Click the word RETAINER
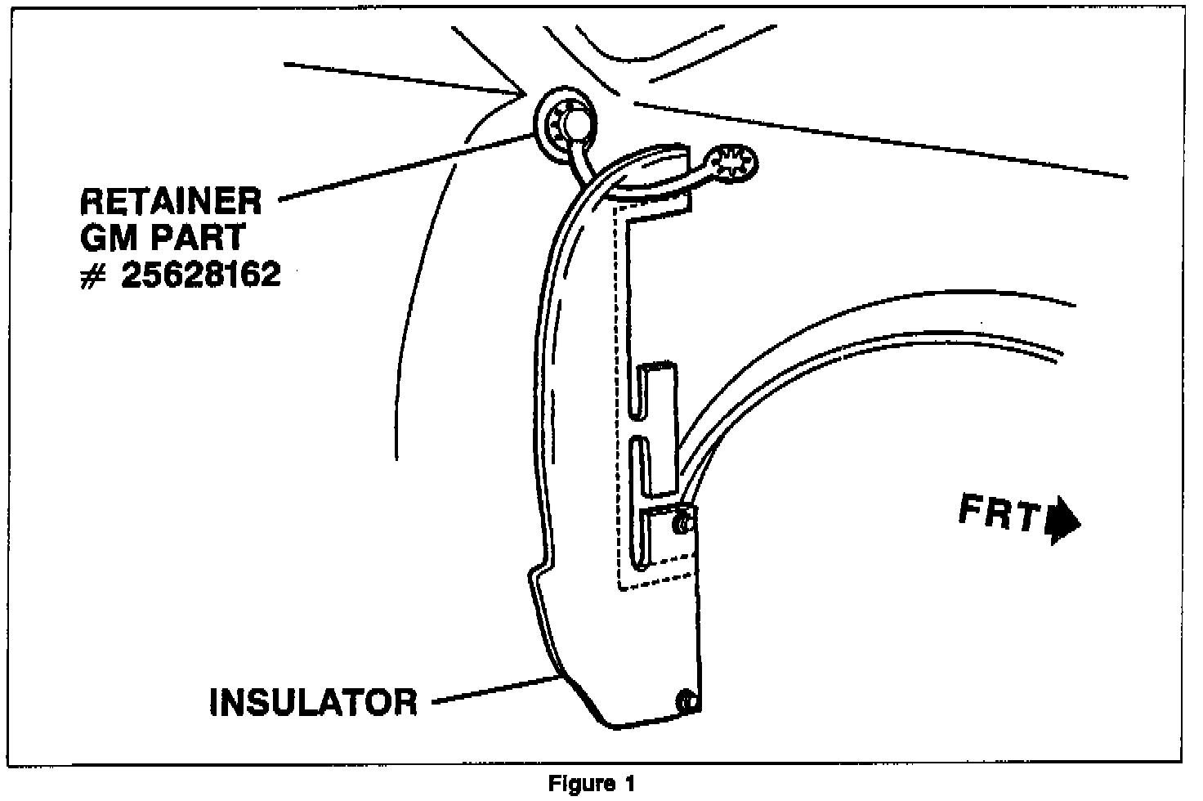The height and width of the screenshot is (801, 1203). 170,200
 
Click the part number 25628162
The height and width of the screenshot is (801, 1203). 201,275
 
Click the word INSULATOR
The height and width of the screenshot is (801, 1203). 314,701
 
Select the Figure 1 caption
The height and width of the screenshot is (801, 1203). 591,784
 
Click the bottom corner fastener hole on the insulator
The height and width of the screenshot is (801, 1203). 685,700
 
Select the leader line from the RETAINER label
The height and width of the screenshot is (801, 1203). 409,167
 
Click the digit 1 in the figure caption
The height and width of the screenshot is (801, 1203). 629,784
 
